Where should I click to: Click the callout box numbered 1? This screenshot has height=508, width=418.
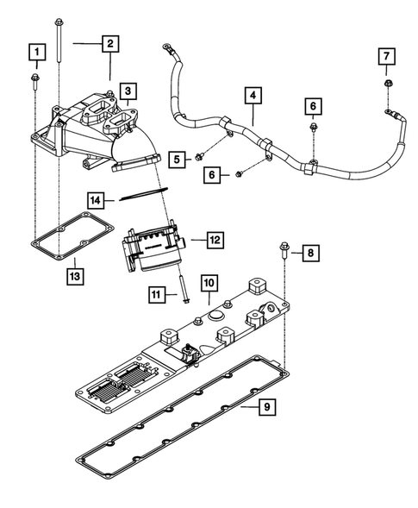point(36,53)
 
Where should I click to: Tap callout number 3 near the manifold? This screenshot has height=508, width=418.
point(127,90)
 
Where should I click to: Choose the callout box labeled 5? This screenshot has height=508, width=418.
point(178,160)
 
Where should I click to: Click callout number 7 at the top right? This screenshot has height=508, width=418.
point(388,57)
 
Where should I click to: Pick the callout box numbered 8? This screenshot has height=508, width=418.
point(310,253)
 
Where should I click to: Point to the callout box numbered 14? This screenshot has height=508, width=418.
point(98,200)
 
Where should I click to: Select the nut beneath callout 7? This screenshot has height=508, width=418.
point(388,85)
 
